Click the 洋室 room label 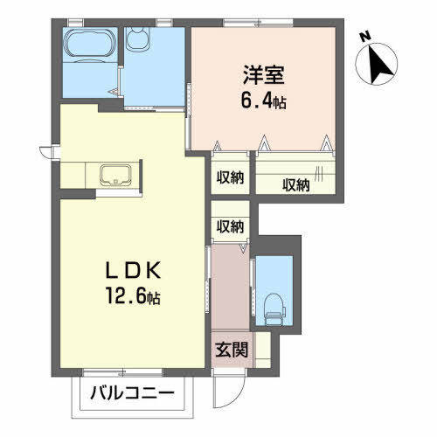[x=264, y=75]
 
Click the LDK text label [x=133, y=270]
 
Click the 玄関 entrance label [x=232, y=350]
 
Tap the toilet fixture [x=274, y=309]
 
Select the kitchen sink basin [x=115, y=175]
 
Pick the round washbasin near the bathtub [x=138, y=38]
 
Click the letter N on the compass [x=364, y=37]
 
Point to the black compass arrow [x=378, y=65]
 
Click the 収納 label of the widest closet [x=295, y=185]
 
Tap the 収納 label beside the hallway [x=230, y=226]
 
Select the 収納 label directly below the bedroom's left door [x=230, y=177]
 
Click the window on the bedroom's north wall [x=258, y=23]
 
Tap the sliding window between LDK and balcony [x=122, y=372]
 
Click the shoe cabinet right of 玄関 [x=262, y=350]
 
